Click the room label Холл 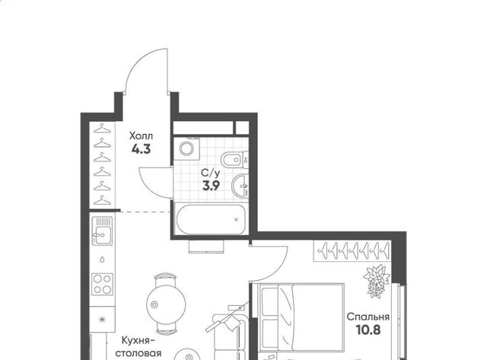click(x=141, y=136)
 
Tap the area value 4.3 click(x=141, y=149)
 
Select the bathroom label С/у click(x=211, y=173)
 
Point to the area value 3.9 click(x=212, y=186)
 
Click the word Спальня click(x=368, y=317)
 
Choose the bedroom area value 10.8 click(x=368, y=330)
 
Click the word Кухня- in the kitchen click(x=138, y=340)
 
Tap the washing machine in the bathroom click(x=186, y=148)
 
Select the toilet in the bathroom click(x=235, y=160)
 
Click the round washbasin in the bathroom click(x=240, y=186)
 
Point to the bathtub click(x=211, y=219)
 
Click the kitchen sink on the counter click(x=102, y=231)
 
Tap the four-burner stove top click(x=102, y=284)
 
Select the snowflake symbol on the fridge click(x=102, y=320)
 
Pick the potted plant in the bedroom click(x=377, y=281)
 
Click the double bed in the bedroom click(x=301, y=317)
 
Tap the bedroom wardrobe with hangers click(x=352, y=250)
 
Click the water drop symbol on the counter click(x=102, y=260)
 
